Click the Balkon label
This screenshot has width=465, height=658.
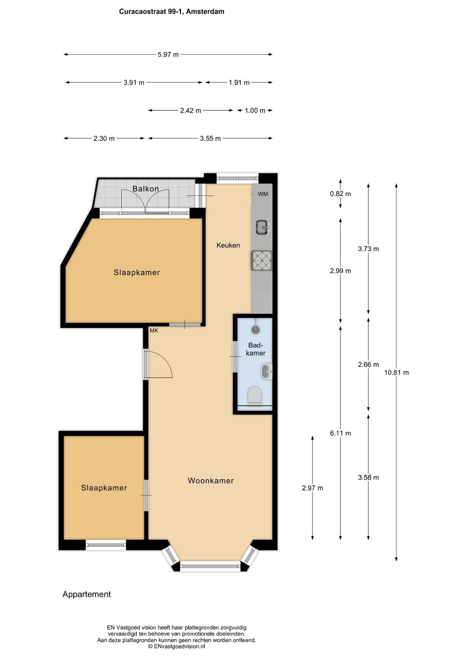point(146,189)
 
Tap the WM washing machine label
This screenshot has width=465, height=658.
point(263,194)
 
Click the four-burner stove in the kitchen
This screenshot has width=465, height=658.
point(262,260)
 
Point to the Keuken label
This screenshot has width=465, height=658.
point(228,245)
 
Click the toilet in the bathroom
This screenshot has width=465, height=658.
point(255,395)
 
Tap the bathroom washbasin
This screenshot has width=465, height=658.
point(267,372)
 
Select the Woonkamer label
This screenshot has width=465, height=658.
point(211,481)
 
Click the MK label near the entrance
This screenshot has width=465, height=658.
point(154,330)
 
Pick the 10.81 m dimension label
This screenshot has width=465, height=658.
point(396,372)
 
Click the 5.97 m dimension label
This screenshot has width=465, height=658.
point(168,54)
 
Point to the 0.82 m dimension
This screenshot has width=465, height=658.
point(341,194)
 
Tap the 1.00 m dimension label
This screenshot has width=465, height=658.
point(255,110)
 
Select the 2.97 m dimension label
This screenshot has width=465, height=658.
point(312,488)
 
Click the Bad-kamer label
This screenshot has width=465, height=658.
point(256,349)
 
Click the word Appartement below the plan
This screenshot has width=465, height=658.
point(87,594)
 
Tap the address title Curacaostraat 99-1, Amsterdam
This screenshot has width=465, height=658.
point(171,12)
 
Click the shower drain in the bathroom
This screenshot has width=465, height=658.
point(256,329)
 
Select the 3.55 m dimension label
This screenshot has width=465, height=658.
point(210,138)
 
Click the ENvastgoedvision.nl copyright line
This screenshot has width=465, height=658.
point(177,646)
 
